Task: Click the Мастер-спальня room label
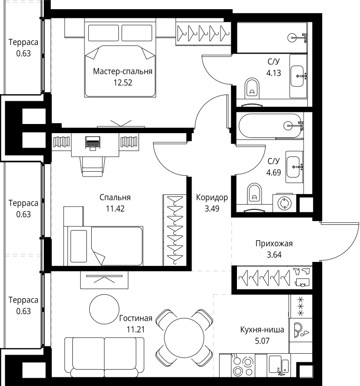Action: [x=123, y=71]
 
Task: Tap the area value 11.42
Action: [x=115, y=208]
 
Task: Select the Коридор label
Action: [x=212, y=197]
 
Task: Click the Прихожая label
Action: [x=274, y=243]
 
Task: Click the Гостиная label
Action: [x=136, y=318]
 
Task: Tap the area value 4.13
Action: [x=274, y=73]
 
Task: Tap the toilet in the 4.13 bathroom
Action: [x=252, y=88]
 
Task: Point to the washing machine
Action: [x=284, y=203]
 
